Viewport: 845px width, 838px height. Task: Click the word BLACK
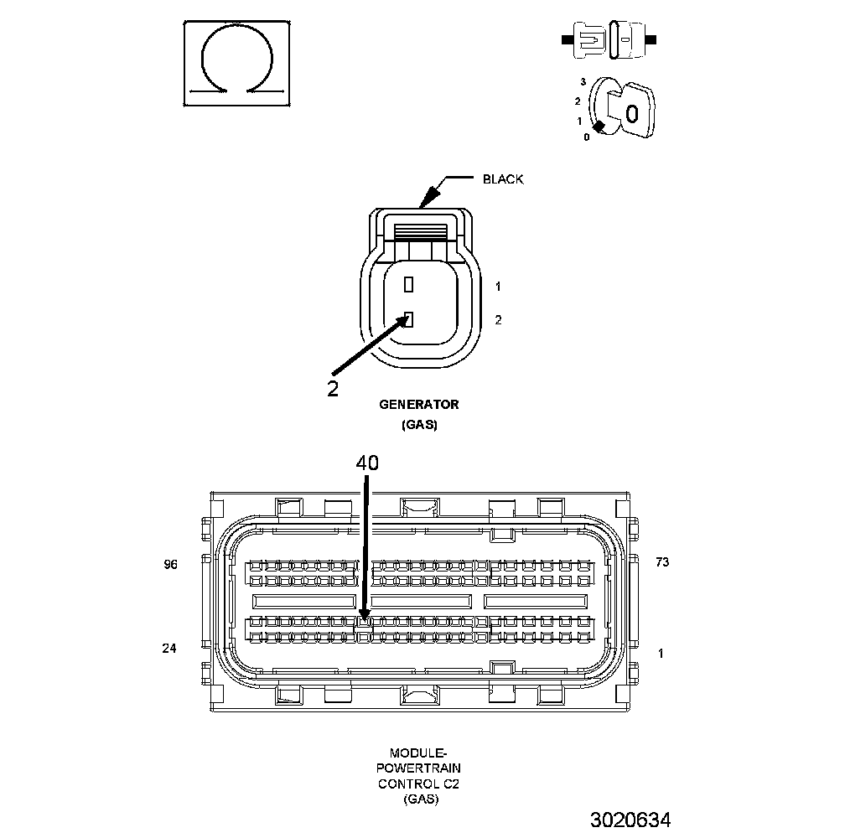[503, 179]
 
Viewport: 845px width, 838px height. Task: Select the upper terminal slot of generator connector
[408, 285]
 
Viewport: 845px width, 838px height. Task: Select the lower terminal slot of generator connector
[408, 318]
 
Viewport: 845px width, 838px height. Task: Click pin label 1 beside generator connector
[498, 287]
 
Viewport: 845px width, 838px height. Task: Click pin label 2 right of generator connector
[498, 319]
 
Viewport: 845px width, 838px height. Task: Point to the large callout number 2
[333, 388]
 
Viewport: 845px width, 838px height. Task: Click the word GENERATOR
[419, 405]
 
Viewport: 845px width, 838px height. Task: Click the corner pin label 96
[171, 565]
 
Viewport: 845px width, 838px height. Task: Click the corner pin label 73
[662, 562]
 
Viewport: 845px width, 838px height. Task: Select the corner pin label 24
[171, 648]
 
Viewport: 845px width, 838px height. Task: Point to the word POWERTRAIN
[418, 768]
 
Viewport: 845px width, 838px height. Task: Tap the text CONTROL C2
[418, 784]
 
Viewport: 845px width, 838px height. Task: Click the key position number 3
[583, 82]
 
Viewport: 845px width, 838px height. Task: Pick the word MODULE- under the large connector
[418, 753]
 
